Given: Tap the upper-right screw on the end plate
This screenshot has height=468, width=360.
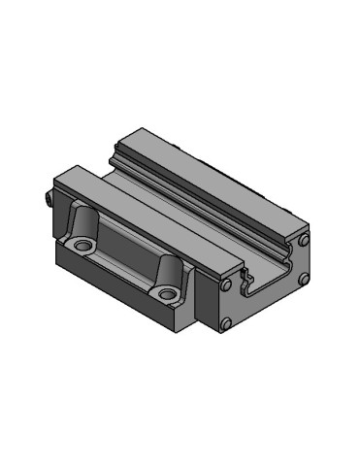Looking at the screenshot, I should pyautogui.click(x=304, y=239).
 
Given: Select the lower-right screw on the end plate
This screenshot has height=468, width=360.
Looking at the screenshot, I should pyautogui.click(x=304, y=282).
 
